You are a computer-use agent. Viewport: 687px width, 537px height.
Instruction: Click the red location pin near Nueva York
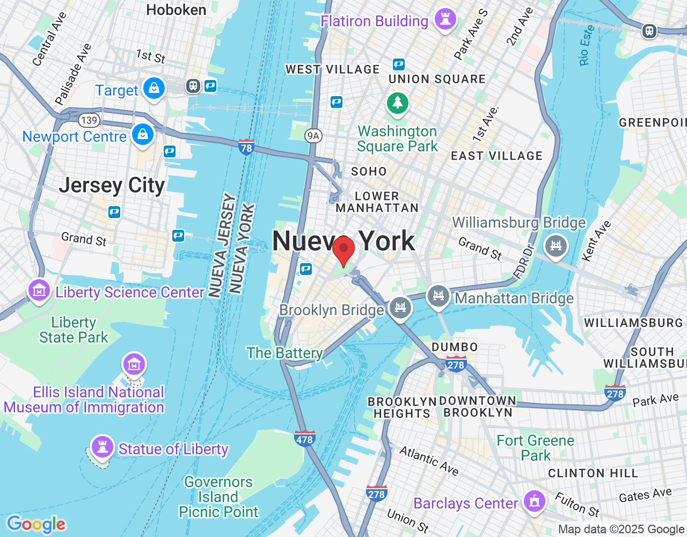[x=343, y=250]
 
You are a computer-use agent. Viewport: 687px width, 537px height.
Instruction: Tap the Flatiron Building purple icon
[x=445, y=19]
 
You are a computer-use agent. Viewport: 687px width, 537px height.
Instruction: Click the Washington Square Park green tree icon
[x=397, y=102]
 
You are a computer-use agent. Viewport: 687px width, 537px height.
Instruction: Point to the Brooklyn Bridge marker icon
[x=400, y=308]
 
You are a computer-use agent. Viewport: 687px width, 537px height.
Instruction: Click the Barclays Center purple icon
[x=534, y=502]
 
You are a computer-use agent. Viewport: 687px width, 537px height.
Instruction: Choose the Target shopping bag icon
[x=154, y=88]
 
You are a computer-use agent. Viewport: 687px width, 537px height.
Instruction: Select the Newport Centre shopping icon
[x=143, y=134]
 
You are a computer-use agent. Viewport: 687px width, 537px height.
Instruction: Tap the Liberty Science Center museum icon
[x=39, y=291]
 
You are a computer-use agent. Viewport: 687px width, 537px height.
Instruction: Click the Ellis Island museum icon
[x=134, y=365]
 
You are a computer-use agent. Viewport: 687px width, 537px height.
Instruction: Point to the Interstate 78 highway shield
[x=246, y=147]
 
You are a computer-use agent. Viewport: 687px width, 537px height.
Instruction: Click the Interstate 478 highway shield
[x=304, y=438]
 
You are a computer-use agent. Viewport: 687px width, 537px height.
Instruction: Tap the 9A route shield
[x=313, y=136]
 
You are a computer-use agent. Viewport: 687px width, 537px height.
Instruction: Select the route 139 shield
[x=89, y=120]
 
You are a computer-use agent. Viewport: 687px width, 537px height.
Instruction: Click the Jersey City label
[x=112, y=185]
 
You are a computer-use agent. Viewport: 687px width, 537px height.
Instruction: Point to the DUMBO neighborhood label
[x=454, y=347]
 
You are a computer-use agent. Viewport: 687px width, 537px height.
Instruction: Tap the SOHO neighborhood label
[x=369, y=171]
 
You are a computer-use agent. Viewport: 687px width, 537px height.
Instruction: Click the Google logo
[x=36, y=524]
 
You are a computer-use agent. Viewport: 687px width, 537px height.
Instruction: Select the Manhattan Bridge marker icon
[x=438, y=296]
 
